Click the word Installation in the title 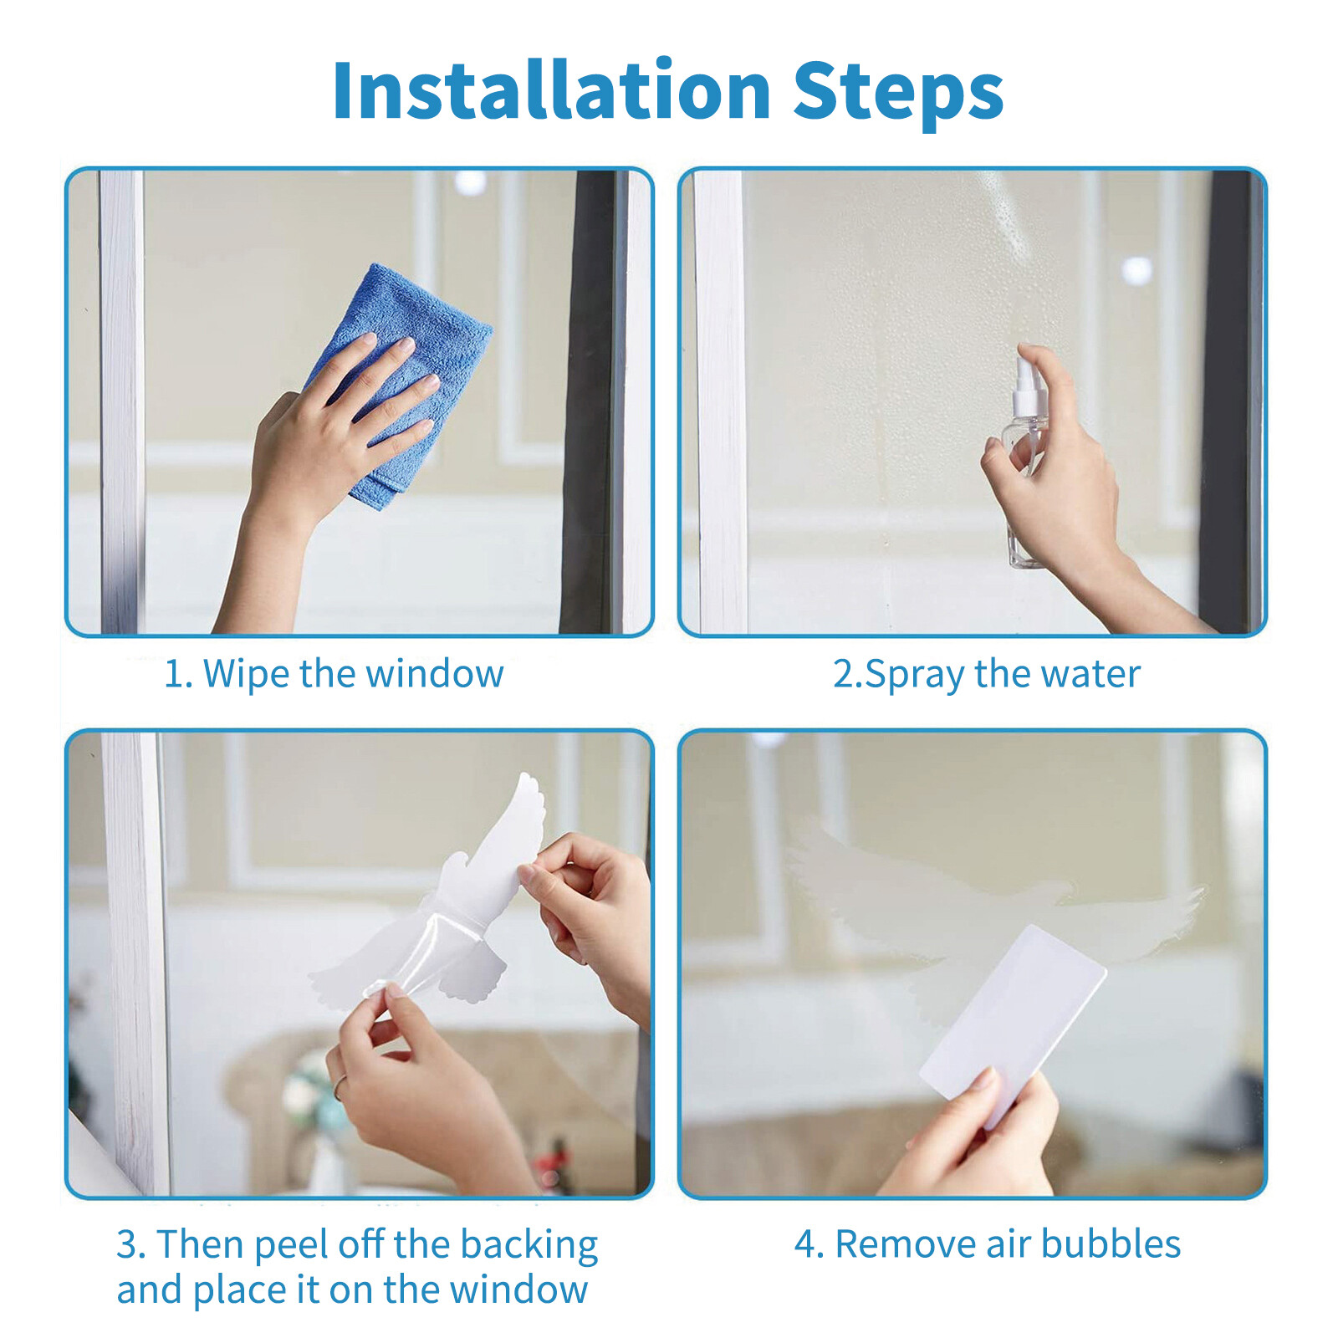552,92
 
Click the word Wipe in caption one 248,674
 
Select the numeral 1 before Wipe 173,674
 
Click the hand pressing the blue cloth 334,435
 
